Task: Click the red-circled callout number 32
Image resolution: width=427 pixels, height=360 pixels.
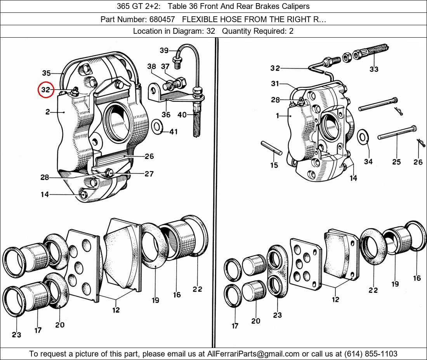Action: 46,90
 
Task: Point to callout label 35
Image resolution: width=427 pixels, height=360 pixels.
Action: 46,73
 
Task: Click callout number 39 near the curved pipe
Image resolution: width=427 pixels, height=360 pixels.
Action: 164,50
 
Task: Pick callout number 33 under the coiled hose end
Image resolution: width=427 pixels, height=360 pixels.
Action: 374,69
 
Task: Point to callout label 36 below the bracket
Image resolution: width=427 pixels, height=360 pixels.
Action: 166,114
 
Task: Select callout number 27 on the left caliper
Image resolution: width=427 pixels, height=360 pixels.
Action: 149,174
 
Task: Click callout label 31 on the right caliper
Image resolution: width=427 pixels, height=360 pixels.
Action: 275,84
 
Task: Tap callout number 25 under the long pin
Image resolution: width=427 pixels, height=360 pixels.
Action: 396,162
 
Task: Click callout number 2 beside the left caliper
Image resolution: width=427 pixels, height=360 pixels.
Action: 47,112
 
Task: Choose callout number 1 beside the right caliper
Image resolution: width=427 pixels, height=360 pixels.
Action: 277,116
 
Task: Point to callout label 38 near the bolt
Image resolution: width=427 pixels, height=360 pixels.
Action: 151,67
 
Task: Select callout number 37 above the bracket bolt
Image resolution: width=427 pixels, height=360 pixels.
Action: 165,67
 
